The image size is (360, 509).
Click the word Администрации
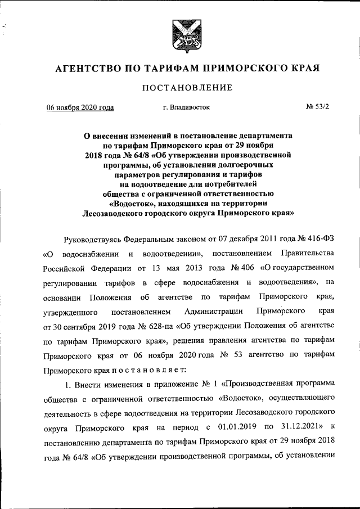(213, 311)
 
